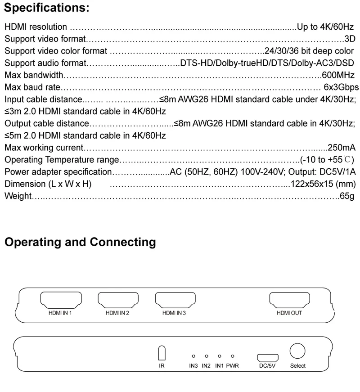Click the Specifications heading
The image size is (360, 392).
pos(47,8)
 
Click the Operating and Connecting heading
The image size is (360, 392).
pos(80,242)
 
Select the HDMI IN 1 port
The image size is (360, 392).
pos(61,299)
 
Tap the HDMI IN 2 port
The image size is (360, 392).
pos(118,299)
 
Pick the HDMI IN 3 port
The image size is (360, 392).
pos(175,299)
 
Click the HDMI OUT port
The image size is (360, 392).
pos(289,299)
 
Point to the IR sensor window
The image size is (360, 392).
pos(162,352)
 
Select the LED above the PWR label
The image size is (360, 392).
pos(233,356)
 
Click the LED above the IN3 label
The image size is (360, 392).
pos(193,356)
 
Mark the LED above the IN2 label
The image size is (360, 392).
pos(206,356)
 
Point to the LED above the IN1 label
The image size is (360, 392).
pos(219,356)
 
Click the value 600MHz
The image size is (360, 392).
pos(338,75)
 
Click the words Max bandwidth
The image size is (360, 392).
pos(33,75)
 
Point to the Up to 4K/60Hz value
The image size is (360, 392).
pos(325,27)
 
